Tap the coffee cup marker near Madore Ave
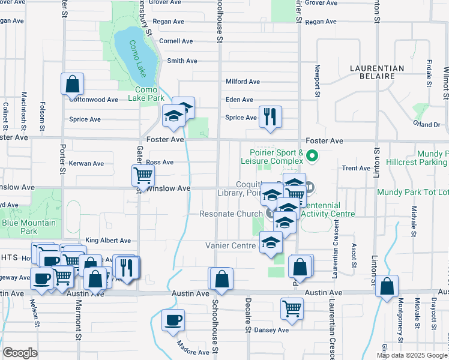(173, 319)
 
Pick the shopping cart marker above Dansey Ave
(292, 308)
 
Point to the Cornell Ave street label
(176, 41)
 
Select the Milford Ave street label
(243, 82)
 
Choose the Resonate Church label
(231, 214)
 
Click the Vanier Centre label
(231, 245)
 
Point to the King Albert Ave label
(108, 241)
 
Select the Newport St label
(317, 80)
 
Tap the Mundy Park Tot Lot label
(412, 193)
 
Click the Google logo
(20, 353)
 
